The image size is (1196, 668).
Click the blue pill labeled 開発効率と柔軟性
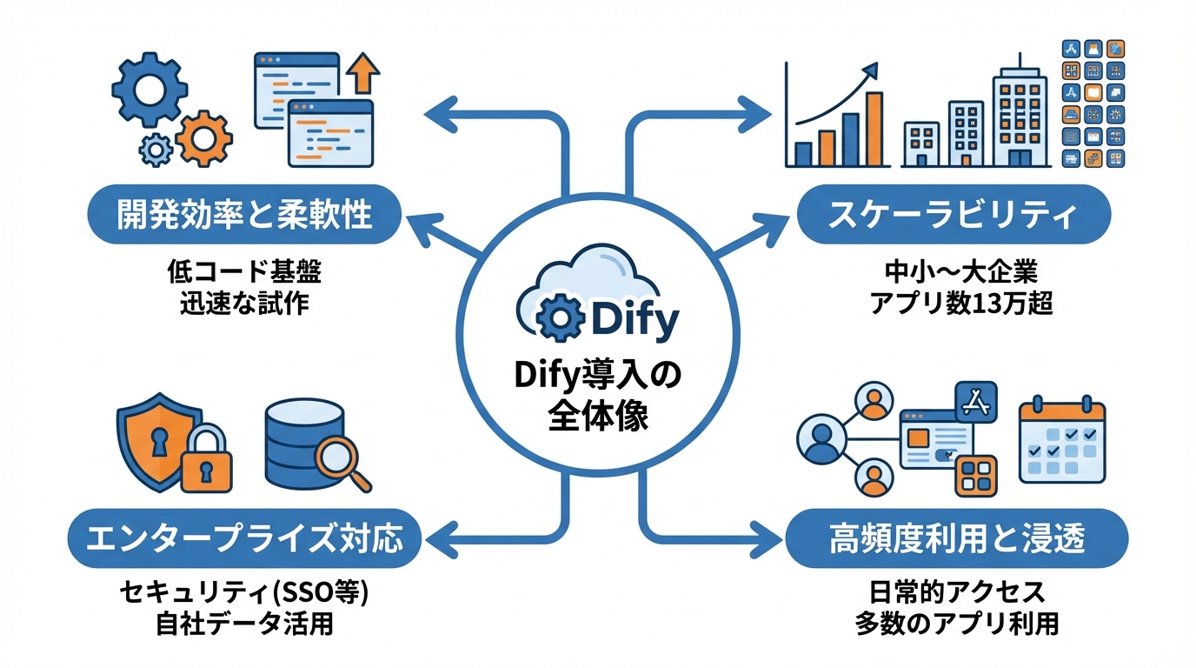[244, 215]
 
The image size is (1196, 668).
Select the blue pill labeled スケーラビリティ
[953, 215]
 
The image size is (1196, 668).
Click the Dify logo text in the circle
[634, 320]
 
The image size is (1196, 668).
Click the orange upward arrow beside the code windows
[363, 76]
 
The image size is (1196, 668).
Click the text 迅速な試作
[244, 304]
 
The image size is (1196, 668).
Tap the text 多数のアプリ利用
[956, 623]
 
